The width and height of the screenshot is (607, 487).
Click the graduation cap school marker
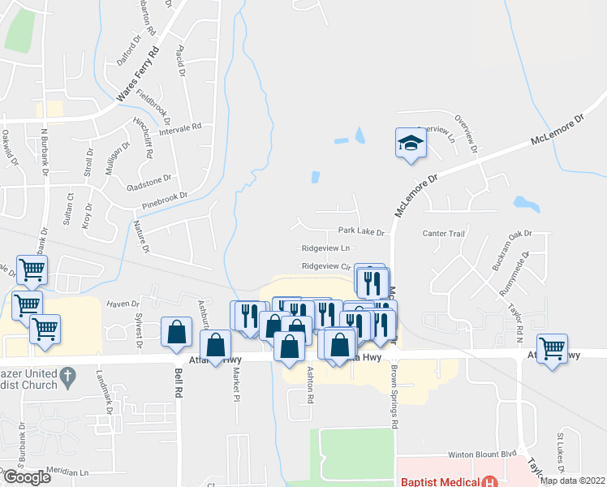coord(411,144)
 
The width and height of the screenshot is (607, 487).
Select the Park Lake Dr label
coord(361,232)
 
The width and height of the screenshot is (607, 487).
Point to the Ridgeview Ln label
coord(325,248)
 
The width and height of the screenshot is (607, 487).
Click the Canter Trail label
coord(443,234)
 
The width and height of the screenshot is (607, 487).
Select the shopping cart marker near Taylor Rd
coord(552,349)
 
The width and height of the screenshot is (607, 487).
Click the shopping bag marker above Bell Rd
coord(176,332)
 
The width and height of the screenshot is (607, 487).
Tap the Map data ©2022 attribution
coord(572,481)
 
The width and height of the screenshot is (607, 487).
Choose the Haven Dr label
coord(123,304)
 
